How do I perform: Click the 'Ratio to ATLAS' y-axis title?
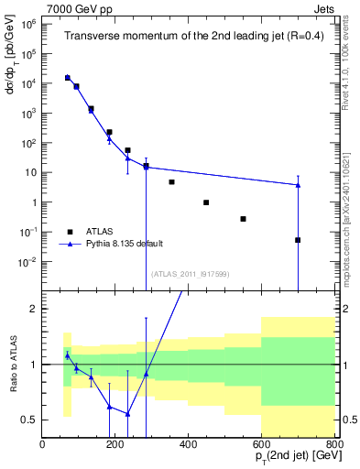click(14, 364)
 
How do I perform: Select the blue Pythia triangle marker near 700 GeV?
click(298, 185)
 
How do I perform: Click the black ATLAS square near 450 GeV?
click(206, 202)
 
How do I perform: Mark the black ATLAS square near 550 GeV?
click(243, 219)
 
